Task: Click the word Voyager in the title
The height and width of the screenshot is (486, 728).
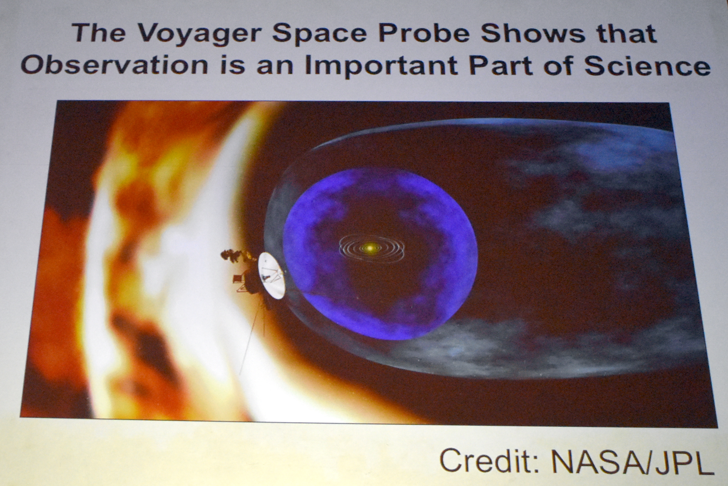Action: [200, 34]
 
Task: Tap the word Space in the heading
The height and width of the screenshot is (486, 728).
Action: [320, 34]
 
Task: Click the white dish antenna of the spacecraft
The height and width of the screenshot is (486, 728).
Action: [271, 275]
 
